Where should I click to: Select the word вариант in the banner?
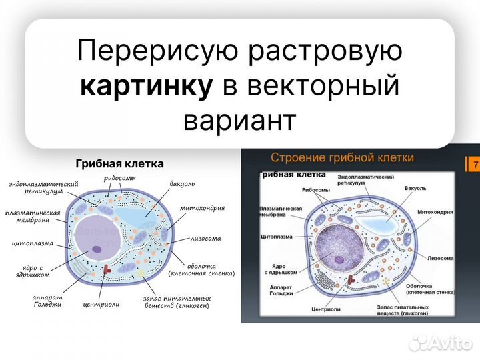(x=239, y=120)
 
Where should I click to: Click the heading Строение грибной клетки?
(x=342, y=158)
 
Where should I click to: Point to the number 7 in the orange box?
(x=475, y=165)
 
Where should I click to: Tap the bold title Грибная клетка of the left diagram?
(x=119, y=163)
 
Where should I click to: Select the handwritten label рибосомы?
(x=120, y=178)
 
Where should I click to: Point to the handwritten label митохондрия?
(x=202, y=208)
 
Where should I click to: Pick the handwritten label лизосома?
(x=206, y=238)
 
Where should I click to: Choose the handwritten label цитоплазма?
(x=33, y=244)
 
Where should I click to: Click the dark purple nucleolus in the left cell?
(x=97, y=249)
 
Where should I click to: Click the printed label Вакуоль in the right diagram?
(x=415, y=189)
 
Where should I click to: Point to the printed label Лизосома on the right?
(x=441, y=257)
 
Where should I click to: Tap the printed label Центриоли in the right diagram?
(x=326, y=310)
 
